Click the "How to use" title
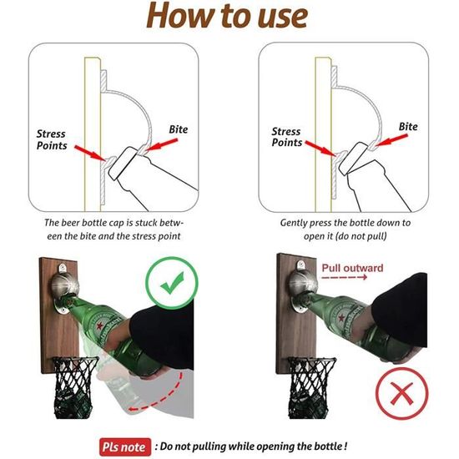click(x=227, y=15)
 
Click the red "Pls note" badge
click(x=125, y=446)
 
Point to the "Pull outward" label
click(x=352, y=268)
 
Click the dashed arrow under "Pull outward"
click(x=344, y=277)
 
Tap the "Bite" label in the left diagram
click(x=179, y=129)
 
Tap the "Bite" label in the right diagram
click(x=408, y=127)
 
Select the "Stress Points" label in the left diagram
click(x=52, y=139)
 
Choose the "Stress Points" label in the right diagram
click(x=286, y=137)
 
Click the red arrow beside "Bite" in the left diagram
click(x=162, y=144)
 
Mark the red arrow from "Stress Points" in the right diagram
click(x=320, y=148)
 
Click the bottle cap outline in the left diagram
click(x=123, y=163)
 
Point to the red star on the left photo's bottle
click(x=100, y=325)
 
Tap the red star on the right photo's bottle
click(x=341, y=318)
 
